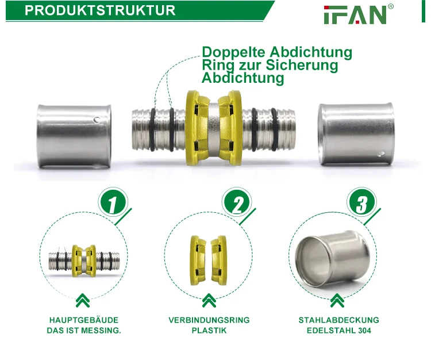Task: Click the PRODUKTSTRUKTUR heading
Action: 101,10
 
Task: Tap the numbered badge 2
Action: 237,204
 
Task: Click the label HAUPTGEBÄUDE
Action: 83,320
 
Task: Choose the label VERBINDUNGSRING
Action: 209,320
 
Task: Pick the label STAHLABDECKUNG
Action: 338,320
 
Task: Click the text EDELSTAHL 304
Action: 338,331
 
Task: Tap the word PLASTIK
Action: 209,331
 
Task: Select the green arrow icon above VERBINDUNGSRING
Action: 209,300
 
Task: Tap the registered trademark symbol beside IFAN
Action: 391,6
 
